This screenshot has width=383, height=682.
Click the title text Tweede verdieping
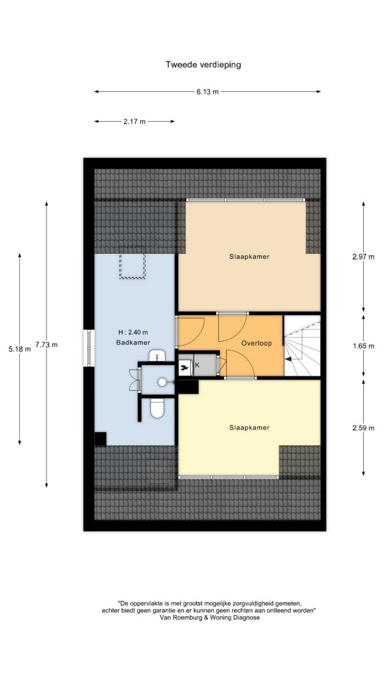203,65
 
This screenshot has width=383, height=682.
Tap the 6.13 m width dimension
207,92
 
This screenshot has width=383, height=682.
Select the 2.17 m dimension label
134,122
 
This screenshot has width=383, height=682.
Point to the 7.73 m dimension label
47,345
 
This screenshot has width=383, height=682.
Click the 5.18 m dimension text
19,349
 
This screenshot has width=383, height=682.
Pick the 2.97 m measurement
363,256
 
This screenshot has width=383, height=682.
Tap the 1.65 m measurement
363,346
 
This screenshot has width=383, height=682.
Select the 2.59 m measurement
363,428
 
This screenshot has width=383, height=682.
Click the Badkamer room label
133,343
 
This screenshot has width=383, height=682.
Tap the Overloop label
257,343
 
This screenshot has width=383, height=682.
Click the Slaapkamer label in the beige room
249,256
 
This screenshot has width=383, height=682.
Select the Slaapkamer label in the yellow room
249,428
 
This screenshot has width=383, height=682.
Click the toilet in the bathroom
156,408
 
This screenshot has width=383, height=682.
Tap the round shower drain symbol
162,382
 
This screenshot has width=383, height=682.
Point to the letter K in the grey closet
197,366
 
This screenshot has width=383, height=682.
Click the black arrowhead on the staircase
288,359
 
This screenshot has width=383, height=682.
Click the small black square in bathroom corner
101,439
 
